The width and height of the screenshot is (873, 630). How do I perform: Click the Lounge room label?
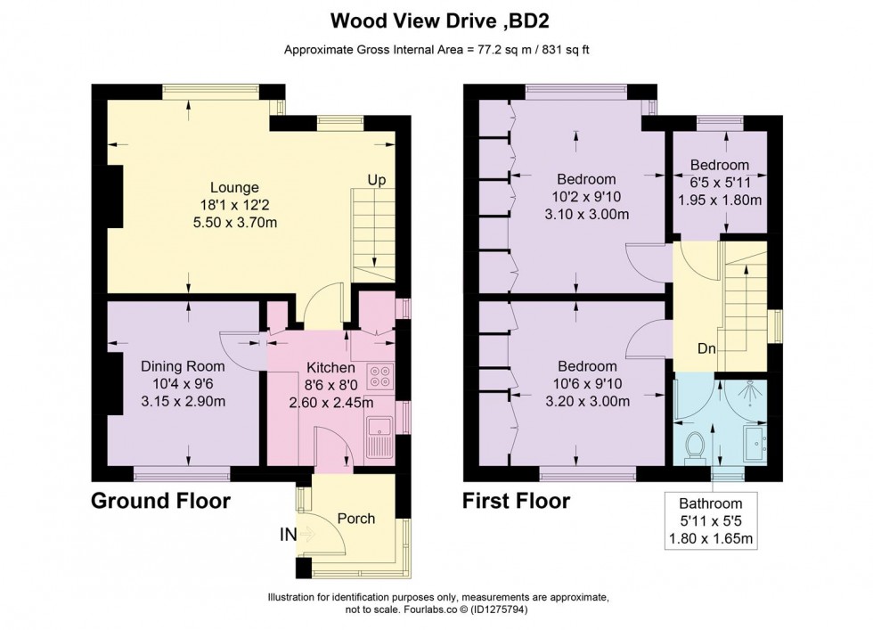234,188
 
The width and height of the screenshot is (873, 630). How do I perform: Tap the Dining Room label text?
184,366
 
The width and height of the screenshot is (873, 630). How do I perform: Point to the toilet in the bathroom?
695,445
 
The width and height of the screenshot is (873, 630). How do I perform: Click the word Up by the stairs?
377,181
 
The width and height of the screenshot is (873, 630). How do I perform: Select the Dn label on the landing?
708,348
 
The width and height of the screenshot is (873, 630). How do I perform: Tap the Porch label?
356,519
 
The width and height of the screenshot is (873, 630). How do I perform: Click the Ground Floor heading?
161,502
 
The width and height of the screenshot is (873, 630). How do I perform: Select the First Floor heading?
516,502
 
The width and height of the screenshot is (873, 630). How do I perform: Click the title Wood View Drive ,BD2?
436,20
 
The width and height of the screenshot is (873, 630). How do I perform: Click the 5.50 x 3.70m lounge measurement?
234,221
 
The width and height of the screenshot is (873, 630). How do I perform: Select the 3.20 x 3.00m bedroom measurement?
587,401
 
